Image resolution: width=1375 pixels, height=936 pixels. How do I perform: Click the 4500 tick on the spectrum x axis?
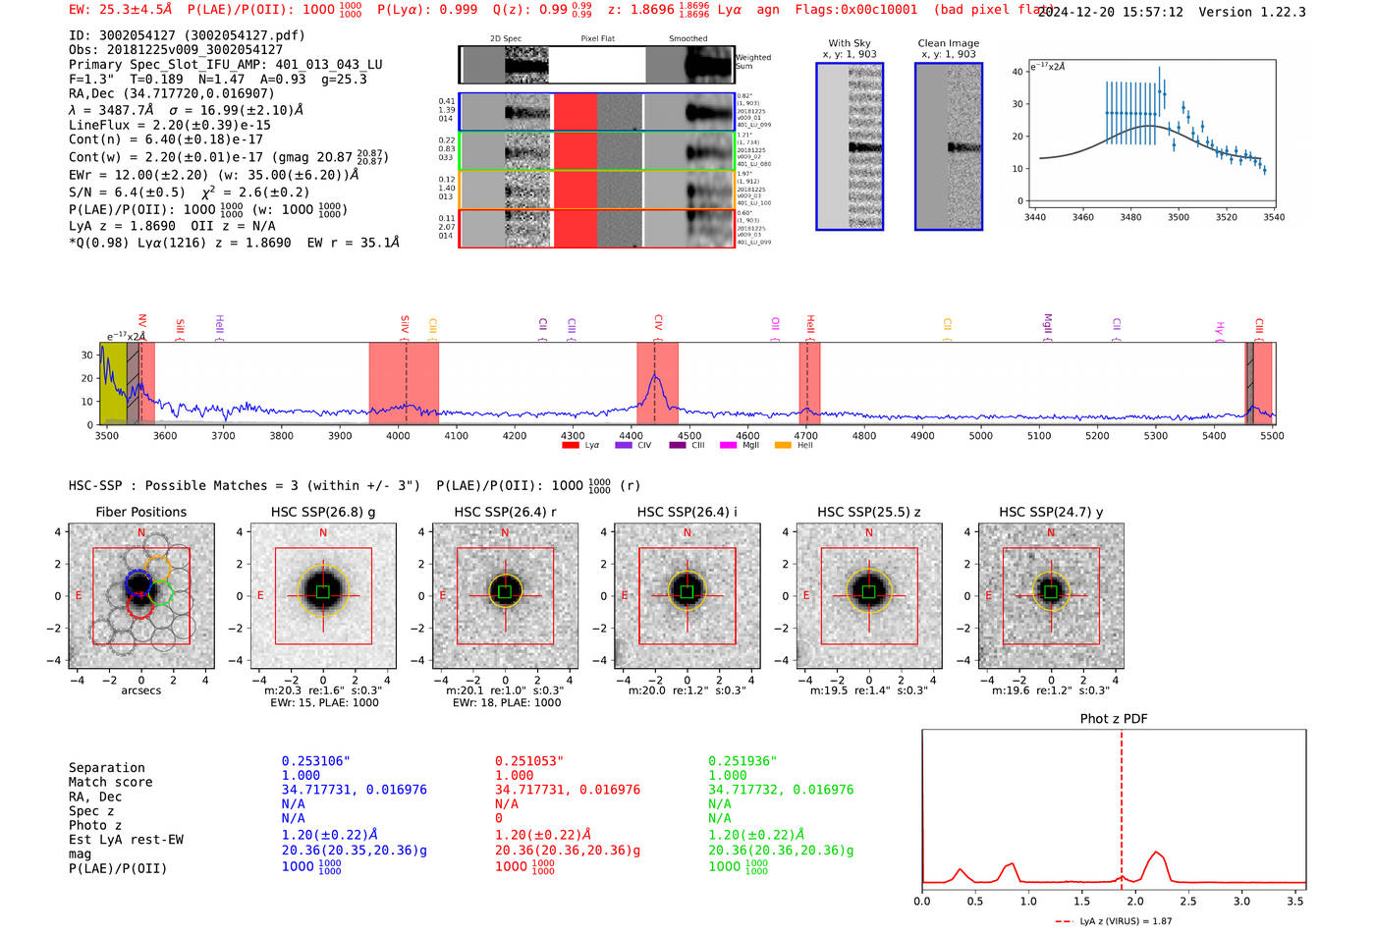click(689, 436)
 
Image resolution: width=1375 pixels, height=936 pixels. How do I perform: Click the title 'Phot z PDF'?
click(1114, 719)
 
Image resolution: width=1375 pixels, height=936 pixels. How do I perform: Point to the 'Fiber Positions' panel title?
click(140, 512)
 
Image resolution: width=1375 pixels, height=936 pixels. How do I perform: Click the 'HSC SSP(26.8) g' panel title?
click(323, 512)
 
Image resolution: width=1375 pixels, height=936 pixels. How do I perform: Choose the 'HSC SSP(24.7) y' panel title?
click(1051, 512)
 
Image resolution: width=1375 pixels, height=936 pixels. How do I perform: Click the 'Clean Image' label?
click(948, 43)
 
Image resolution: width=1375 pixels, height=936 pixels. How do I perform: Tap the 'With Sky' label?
click(849, 43)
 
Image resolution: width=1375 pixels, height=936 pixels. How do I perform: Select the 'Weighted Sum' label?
click(753, 62)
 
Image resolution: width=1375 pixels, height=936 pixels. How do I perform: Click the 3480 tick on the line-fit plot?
click(1130, 217)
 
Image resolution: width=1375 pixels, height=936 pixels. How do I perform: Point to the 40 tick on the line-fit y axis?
click(1017, 72)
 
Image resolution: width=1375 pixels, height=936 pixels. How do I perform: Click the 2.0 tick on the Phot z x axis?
click(1135, 901)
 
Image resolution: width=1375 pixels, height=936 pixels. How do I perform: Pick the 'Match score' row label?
click(110, 783)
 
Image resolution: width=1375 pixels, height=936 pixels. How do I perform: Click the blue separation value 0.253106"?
click(315, 761)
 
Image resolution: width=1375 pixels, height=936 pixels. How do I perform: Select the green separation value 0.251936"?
click(742, 761)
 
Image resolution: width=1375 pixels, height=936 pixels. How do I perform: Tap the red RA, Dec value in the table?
click(567, 790)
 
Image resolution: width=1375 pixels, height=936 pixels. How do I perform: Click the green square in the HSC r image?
click(505, 592)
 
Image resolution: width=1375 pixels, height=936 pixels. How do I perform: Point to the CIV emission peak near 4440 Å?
click(656, 376)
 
